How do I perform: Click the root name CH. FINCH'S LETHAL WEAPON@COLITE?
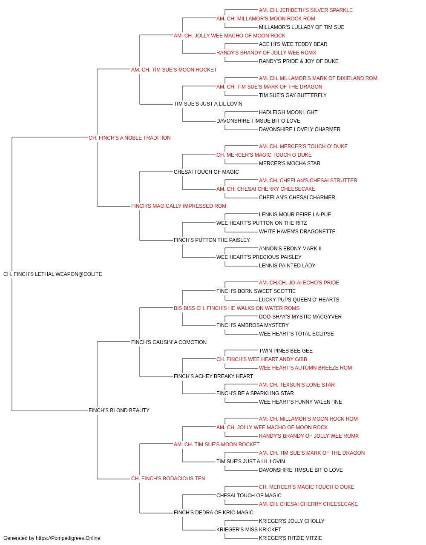53,274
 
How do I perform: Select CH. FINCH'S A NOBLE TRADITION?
130,138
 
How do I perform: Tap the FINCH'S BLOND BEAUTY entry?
119,410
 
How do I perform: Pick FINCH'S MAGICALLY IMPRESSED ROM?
178,206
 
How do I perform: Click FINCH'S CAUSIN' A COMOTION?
169,342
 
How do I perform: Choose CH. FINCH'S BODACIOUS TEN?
168,479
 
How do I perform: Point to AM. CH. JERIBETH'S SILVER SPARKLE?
305,10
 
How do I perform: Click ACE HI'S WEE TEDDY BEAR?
293,44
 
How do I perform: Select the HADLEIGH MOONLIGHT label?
288,112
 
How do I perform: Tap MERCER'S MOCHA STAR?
290,163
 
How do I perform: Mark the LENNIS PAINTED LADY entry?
287,266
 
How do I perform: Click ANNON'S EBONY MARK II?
290,249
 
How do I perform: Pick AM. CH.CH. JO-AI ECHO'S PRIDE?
299,283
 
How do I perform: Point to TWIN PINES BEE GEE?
286,351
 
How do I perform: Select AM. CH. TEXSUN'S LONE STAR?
297,385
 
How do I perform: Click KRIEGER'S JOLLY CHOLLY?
291,521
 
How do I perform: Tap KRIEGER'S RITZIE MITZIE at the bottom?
291,538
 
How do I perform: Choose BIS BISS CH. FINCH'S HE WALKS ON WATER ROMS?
236,308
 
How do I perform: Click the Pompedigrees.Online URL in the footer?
68,538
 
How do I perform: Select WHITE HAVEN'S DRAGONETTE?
297,232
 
